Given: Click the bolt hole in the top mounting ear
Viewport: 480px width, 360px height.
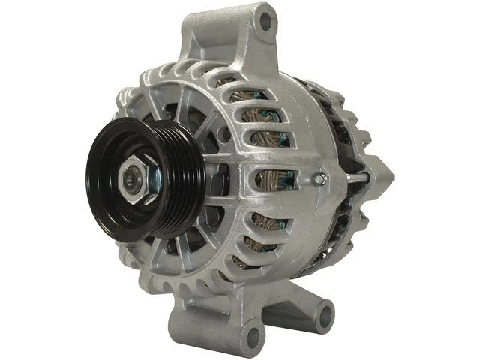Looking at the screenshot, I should click(265, 22).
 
